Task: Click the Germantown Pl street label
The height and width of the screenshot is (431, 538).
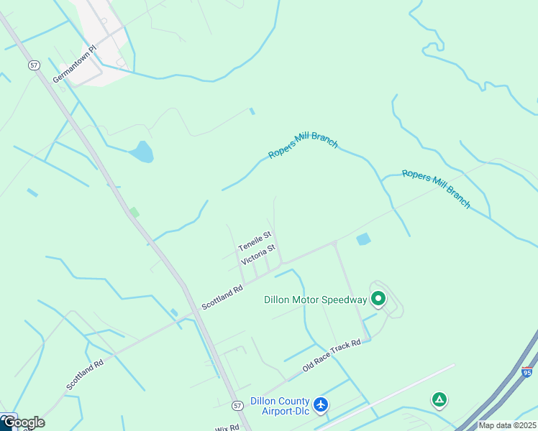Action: (x=73, y=65)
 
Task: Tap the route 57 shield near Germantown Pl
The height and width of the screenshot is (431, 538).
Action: (x=34, y=65)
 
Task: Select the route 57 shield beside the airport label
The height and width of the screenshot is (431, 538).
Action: (x=237, y=406)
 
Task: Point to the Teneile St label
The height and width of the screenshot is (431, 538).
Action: (x=255, y=241)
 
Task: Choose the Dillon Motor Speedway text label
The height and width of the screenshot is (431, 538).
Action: (x=316, y=300)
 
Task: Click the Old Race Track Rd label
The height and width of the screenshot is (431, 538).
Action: (x=332, y=356)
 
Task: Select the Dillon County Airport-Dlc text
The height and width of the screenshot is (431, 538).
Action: (x=280, y=406)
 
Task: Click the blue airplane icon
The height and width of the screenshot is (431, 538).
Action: (x=321, y=404)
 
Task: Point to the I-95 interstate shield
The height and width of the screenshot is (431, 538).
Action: (x=527, y=372)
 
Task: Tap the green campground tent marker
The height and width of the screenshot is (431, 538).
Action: (x=439, y=399)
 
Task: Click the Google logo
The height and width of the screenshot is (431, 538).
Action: (x=23, y=422)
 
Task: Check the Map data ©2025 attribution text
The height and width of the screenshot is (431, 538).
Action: (x=507, y=425)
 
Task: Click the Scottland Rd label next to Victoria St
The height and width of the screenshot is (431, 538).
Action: (x=222, y=296)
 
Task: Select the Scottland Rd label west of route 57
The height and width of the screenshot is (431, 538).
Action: (x=85, y=374)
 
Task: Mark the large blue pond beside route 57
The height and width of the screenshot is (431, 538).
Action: (x=142, y=152)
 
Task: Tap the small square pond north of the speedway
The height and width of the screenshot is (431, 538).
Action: (x=363, y=238)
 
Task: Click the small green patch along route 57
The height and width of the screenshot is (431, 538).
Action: (x=134, y=212)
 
